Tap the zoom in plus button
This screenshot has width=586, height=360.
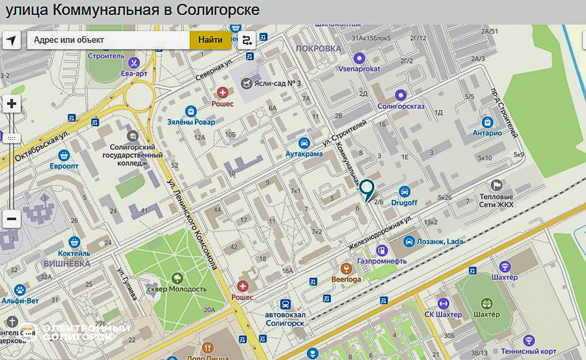pyautogui.click(x=11, y=104)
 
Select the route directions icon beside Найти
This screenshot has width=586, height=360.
pyautogui.click(x=246, y=40)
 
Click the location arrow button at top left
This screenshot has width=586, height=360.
pyautogui.click(x=11, y=40)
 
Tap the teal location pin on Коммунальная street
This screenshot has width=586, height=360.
pyautogui.click(x=367, y=190)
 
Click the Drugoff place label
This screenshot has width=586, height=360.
pyautogui.click(x=404, y=202)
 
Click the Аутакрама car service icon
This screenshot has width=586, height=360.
pyautogui.click(x=304, y=143)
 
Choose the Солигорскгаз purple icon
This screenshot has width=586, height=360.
pyautogui.click(x=401, y=95)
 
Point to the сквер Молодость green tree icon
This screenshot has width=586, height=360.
pyautogui.click(x=176, y=277)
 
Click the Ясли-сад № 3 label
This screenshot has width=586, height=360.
pyautogui.click(x=276, y=84)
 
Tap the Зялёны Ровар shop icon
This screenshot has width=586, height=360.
pyautogui.click(x=190, y=111)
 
